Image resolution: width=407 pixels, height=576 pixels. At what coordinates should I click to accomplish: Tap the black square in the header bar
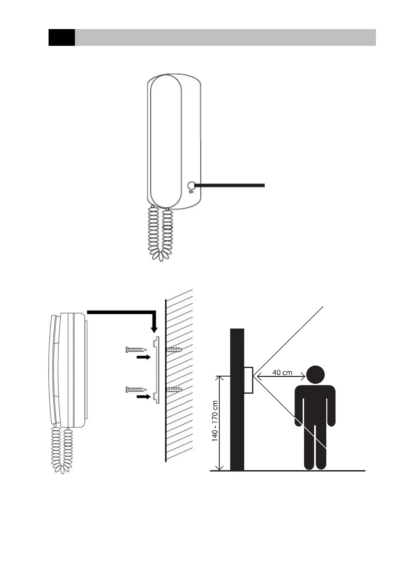[62, 37]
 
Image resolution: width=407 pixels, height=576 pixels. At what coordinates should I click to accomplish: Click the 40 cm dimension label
[282, 372]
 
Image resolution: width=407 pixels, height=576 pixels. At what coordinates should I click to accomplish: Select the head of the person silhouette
[315, 375]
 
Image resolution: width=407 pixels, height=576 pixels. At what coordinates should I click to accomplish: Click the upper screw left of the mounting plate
[136, 350]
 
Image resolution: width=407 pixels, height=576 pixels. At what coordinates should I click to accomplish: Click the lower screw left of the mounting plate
[136, 389]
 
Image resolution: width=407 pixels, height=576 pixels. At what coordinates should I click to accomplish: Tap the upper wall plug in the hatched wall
[174, 350]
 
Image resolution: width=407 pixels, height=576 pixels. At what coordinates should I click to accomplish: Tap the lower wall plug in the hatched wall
[174, 389]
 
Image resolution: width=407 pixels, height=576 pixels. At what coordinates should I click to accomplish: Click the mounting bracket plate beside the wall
[157, 369]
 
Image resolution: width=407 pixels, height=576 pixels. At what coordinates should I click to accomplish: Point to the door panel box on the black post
[248, 380]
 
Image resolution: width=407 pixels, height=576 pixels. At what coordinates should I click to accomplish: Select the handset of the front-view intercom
[166, 140]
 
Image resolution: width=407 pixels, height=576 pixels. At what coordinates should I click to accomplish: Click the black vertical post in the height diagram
[237, 400]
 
